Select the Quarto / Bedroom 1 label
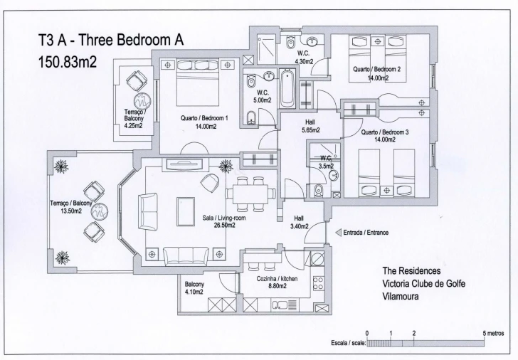204,122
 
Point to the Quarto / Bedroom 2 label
376,74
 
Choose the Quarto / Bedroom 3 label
385,136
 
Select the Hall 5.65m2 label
310,126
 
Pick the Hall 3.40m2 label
300,222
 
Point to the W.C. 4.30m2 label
304,56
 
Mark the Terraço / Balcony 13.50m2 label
71,207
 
